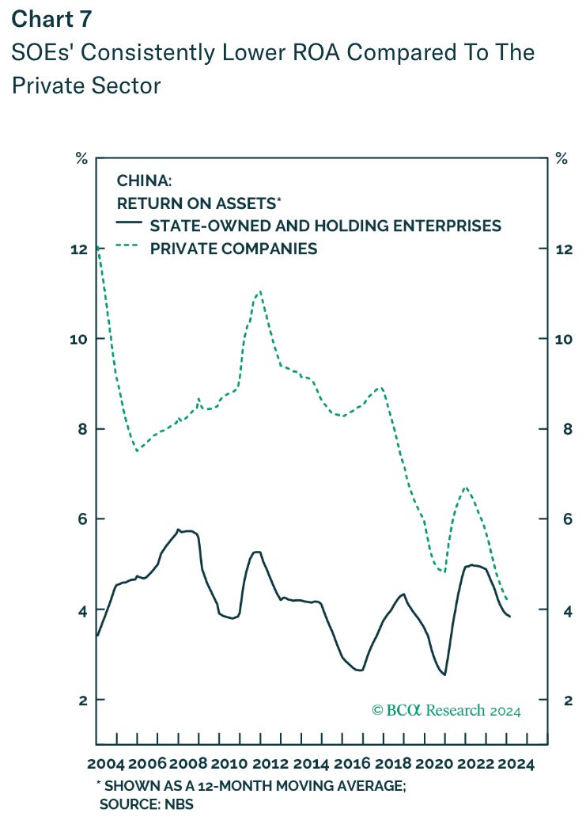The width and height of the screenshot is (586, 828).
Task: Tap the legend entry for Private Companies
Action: pos(233,249)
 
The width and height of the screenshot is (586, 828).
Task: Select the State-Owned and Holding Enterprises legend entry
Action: pos(325,226)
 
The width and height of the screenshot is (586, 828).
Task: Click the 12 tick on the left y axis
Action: pos(78,249)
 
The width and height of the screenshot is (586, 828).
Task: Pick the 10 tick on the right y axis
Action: pos(565,340)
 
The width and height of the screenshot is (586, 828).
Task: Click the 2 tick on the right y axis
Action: pos(561,700)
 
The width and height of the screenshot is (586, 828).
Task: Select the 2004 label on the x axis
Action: pos(106,765)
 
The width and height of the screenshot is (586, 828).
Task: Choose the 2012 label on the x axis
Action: pos(270,765)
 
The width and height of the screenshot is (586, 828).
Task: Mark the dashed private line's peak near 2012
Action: pos(259,291)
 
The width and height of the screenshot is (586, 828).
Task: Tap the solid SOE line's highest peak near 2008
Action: pos(178,529)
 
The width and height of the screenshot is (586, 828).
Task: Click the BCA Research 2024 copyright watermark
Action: pos(446,710)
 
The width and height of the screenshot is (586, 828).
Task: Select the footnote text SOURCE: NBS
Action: pos(146,804)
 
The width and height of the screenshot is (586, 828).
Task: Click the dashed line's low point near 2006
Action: pos(138,451)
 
